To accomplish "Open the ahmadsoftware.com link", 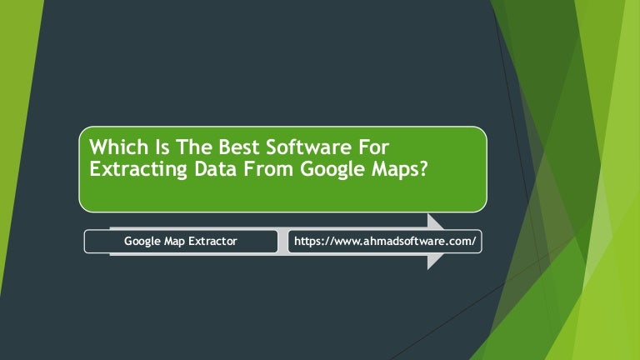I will coord(385,242).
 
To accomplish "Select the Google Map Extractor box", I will coord(181,242).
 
